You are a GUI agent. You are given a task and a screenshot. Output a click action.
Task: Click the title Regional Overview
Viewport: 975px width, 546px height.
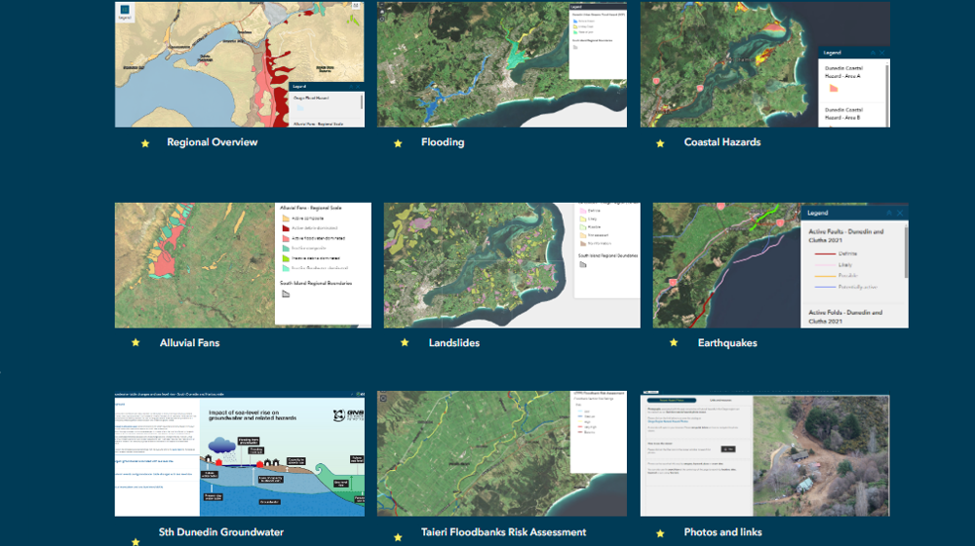(x=212, y=142)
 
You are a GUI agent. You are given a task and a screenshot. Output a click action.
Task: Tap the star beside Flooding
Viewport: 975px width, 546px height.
(x=398, y=143)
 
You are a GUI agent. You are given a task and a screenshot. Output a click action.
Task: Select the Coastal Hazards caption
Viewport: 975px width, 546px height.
(x=722, y=142)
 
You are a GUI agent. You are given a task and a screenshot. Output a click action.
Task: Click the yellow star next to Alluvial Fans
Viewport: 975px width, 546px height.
(x=136, y=343)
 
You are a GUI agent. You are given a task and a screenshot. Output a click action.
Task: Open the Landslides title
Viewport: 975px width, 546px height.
(x=453, y=343)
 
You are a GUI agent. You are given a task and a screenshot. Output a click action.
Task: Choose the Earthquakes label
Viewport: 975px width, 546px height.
(x=727, y=343)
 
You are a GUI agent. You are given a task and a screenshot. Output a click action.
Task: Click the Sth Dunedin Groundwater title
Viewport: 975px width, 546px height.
(x=221, y=532)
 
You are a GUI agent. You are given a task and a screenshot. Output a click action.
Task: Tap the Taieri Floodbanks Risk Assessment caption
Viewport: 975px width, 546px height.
(x=503, y=532)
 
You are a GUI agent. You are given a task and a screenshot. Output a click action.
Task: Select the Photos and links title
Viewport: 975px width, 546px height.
(x=722, y=532)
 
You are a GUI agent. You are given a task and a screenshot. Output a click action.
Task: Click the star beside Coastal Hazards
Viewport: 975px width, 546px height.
(x=660, y=143)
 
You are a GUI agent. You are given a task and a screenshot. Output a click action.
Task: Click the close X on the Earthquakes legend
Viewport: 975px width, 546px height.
(x=900, y=213)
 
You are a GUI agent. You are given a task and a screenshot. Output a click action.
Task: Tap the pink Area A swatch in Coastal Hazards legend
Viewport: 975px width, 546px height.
(x=834, y=87)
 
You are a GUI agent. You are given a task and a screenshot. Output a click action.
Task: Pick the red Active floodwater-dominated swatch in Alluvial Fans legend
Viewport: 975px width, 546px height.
(x=285, y=237)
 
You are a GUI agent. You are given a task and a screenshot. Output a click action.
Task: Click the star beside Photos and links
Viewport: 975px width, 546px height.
(x=660, y=533)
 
